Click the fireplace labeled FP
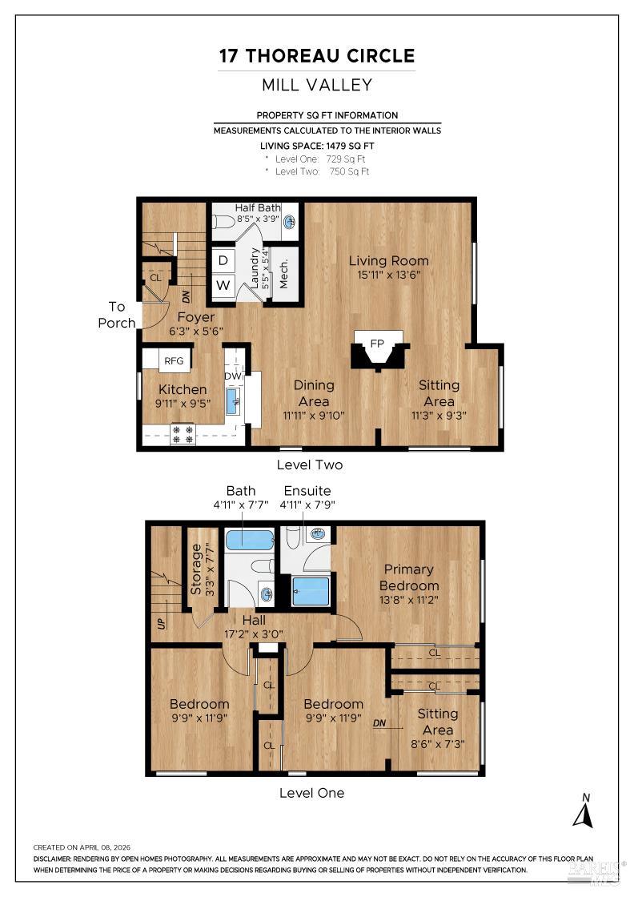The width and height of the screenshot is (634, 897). tap(377, 349)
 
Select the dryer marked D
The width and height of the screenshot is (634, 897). tap(223, 261)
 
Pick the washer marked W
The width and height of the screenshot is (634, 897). tap(223, 285)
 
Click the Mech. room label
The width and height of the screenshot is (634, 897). tap(283, 273)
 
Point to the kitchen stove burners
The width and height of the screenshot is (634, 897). tap(183, 434)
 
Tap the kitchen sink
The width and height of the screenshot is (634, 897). tap(234, 400)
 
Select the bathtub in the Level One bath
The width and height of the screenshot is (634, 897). tap(250, 540)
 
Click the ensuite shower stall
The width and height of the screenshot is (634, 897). tap(311, 591)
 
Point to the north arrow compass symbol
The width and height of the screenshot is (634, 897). tap(583, 811)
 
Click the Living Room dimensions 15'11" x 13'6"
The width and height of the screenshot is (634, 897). tap(389, 275)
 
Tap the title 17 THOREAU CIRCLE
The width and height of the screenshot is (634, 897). tap(317, 56)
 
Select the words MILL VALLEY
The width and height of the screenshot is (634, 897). tap(317, 85)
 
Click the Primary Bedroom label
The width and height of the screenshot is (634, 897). tap(409, 577)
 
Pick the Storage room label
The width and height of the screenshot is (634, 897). tap(196, 569)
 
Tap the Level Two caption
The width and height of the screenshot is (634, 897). tap(310, 465)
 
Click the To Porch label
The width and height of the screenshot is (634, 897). tap(117, 315)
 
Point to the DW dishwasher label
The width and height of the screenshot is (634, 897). tap(233, 376)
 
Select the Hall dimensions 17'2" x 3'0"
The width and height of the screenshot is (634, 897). tap(253, 634)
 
